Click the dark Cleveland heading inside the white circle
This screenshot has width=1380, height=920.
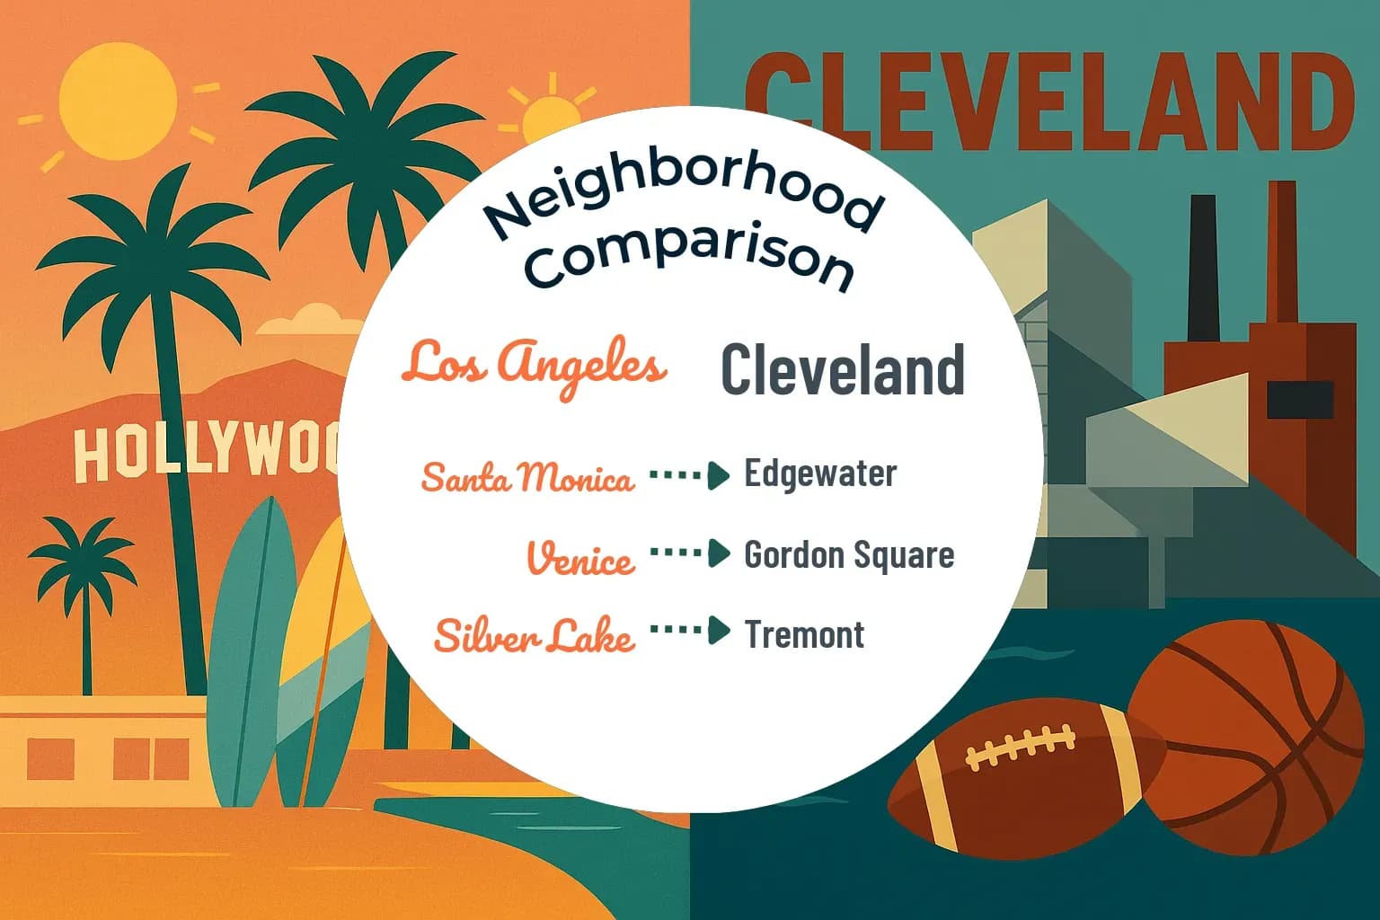click(x=842, y=370)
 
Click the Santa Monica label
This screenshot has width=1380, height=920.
click(x=527, y=477)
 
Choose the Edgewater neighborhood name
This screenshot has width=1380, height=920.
click(x=820, y=474)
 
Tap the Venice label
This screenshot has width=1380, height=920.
click(x=580, y=558)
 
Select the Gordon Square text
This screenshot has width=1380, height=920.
click(x=849, y=555)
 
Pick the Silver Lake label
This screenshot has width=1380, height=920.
click(x=535, y=636)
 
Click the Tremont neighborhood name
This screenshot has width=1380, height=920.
click(x=804, y=634)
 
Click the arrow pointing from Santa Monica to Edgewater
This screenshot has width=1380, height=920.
click(x=690, y=475)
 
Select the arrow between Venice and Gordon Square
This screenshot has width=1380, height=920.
click(x=690, y=553)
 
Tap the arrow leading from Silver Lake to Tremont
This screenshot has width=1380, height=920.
click(x=690, y=631)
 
